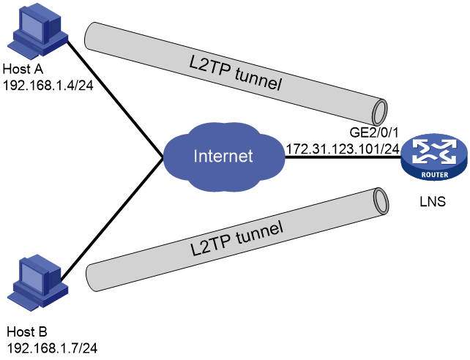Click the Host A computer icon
click(38, 31)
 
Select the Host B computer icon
click(38, 283)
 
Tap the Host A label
click(23, 70)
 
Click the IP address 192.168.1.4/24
click(48, 86)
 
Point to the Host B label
click(27, 332)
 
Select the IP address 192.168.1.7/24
click(52, 348)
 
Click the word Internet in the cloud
click(223, 156)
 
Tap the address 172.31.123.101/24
click(343, 149)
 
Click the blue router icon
click(434, 157)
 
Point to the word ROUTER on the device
click(435, 175)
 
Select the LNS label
click(433, 201)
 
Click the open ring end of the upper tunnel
click(380, 111)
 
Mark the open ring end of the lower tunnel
click(381, 201)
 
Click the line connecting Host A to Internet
click(115, 99)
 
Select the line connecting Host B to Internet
click(112, 219)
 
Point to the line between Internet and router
click(343, 157)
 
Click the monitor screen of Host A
click(34, 29)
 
